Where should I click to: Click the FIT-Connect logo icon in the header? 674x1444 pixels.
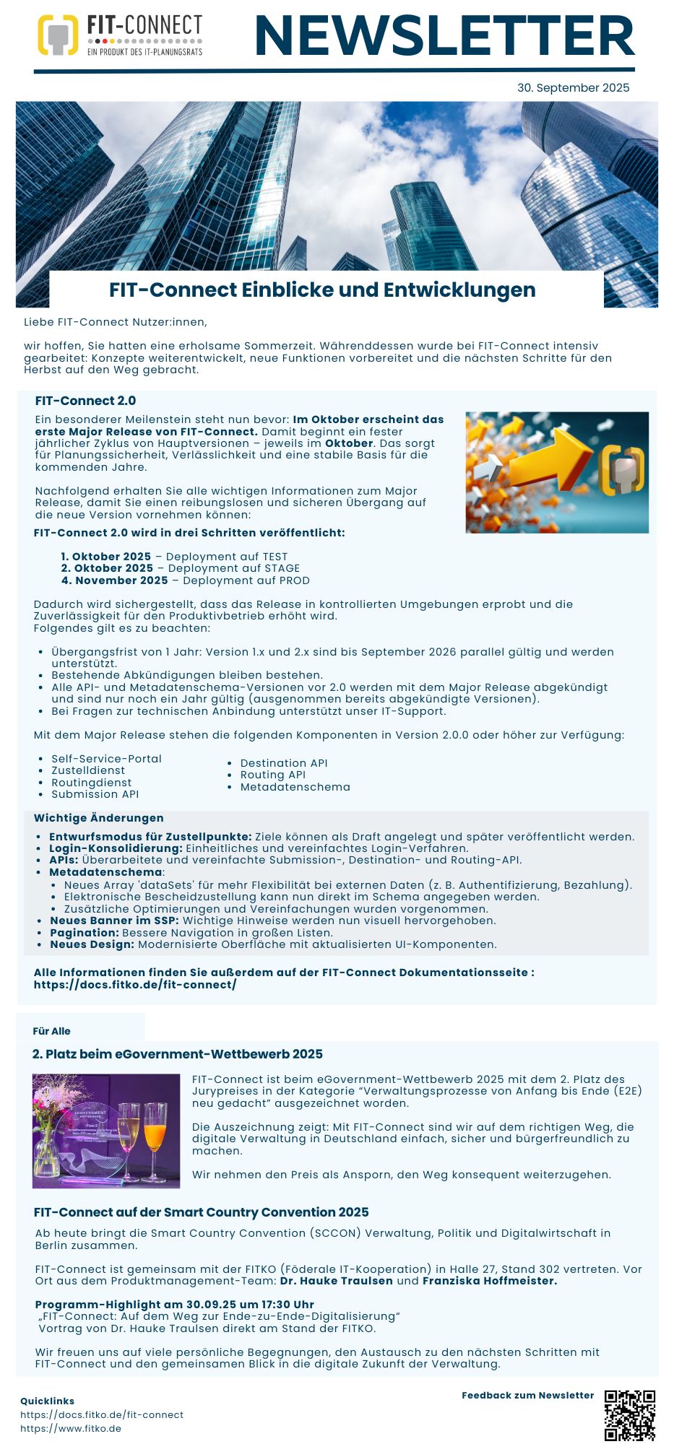click(x=58, y=35)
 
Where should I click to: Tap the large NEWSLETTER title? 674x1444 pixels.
click(x=444, y=36)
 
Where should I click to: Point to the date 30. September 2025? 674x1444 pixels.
click(x=573, y=87)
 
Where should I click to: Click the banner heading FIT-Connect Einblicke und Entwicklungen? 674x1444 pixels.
click(x=322, y=290)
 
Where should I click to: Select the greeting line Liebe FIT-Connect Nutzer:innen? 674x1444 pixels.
click(x=116, y=322)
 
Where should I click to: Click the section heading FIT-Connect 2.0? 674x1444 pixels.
click(x=85, y=401)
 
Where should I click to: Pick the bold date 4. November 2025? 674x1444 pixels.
click(x=114, y=580)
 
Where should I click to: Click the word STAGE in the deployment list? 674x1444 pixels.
click(x=280, y=568)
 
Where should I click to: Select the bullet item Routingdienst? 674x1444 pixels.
click(x=91, y=783)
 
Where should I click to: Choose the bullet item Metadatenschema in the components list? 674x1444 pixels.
click(x=295, y=787)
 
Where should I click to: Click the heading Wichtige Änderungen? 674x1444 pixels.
click(x=99, y=818)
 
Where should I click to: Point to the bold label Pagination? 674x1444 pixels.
click(x=84, y=933)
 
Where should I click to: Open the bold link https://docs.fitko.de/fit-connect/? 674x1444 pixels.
click(x=135, y=985)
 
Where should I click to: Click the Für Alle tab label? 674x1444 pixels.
click(x=52, y=1031)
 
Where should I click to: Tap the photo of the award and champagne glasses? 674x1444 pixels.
click(x=106, y=1131)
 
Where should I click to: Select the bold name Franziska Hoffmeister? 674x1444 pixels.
click(x=489, y=1281)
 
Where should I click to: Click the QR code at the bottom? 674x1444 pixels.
click(x=629, y=1415)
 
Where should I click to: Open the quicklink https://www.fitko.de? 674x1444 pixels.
click(x=71, y=1428)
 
